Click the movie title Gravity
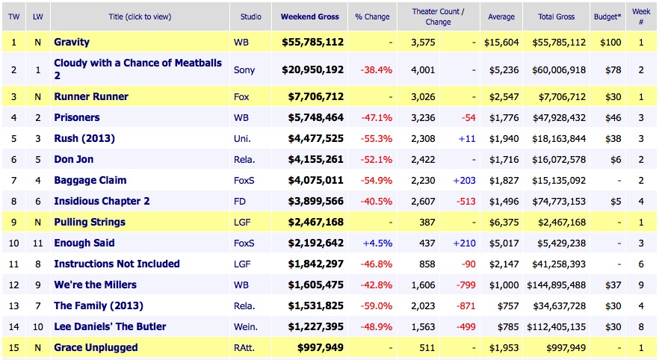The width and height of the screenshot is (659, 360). (72, 43)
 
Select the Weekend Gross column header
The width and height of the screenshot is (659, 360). (309, 16)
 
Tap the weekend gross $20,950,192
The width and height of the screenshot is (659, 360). (312, 69)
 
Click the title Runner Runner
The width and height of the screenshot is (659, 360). (91, 96)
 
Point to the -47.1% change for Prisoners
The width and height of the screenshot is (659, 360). (377, 117)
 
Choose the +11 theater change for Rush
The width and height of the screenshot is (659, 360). (468, 138)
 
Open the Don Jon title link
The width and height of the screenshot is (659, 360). (74, 159)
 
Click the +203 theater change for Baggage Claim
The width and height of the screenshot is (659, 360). (464, 180)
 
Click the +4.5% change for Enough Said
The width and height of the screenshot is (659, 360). (377, 243)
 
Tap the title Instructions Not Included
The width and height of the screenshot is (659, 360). (117, 264)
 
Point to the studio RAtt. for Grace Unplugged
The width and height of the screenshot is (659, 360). (245, 347)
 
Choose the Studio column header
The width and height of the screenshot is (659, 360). (250, 16)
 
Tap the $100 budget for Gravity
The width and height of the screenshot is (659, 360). (610, 43)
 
